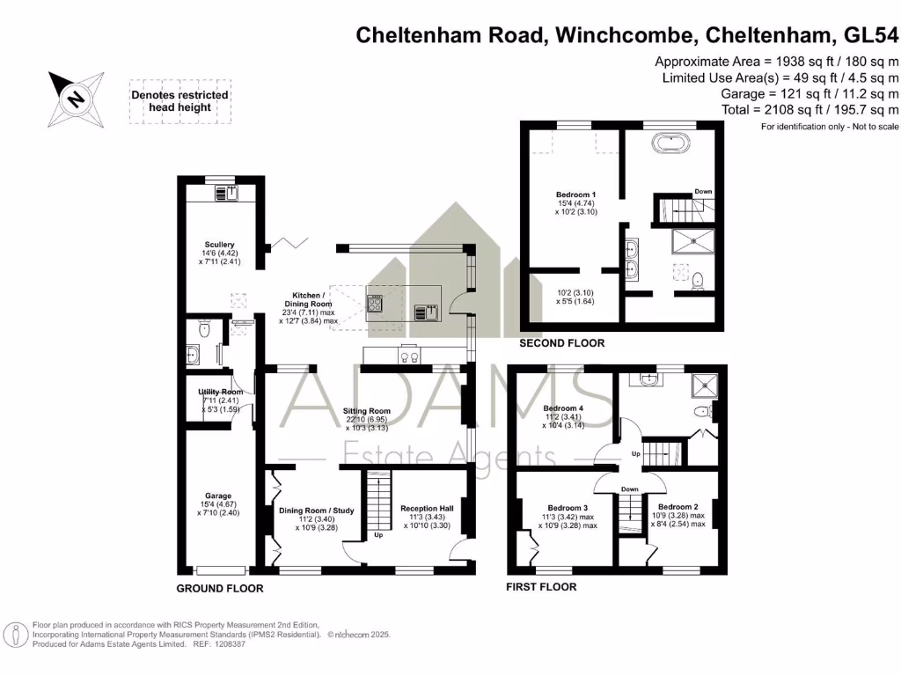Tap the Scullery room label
point(217,245)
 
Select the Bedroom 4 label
point(563,408)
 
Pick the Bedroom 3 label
point(568,508)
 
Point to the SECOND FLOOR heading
point(561,343)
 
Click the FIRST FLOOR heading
point(541,587)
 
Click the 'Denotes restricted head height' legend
point(179,101)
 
